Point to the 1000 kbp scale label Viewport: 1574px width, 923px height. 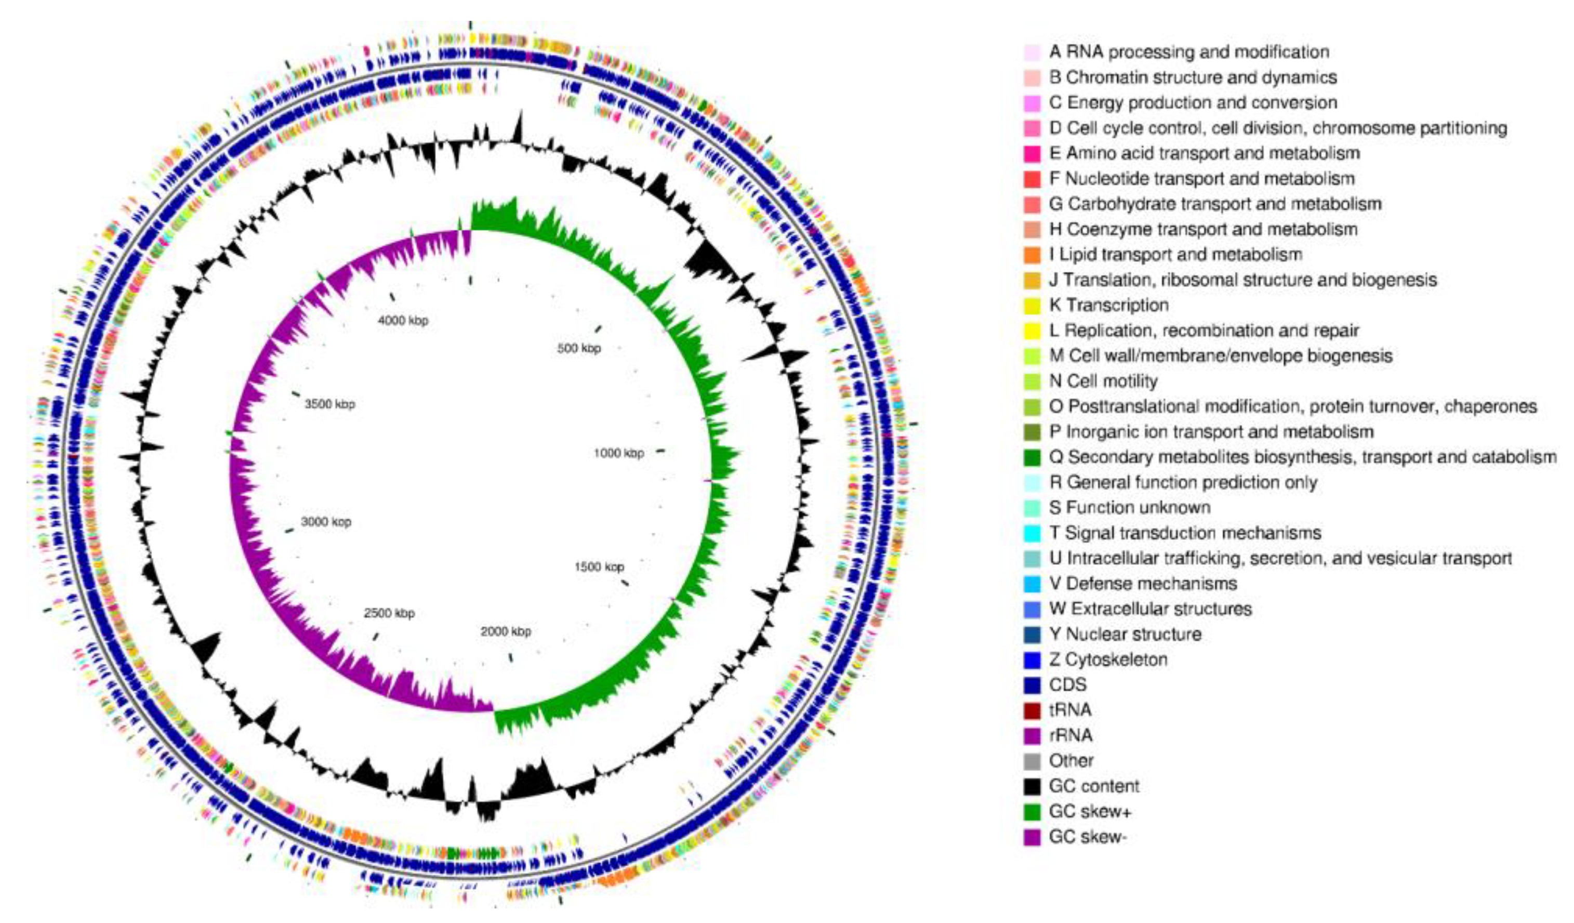point(618,453)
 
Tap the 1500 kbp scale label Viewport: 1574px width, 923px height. point(599,567)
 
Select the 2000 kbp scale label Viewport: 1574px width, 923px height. point(506,631)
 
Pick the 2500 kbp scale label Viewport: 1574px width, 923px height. point(389,613)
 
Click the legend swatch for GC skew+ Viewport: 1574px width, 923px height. point(1033,812)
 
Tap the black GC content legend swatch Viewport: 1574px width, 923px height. point(1033,786)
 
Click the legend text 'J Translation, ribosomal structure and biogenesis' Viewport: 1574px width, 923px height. point(1243,280)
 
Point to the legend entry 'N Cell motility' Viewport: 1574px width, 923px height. point(1104,381)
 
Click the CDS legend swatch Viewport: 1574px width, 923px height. point(1033,685)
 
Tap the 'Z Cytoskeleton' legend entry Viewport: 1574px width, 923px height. point(1108,660)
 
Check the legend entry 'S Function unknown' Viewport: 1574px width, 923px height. point(1130,508)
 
